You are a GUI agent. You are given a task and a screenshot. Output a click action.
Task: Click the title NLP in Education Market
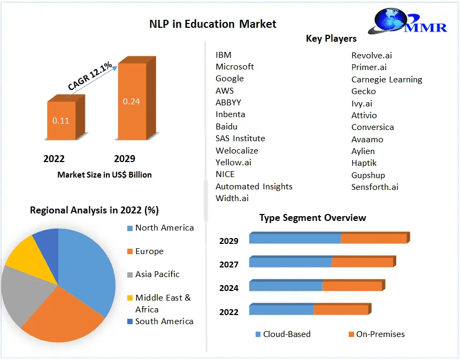coord(212,24)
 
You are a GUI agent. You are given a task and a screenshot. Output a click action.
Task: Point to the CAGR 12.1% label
coord(90,76)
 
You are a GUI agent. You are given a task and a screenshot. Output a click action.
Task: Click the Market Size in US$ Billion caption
coord(104,174)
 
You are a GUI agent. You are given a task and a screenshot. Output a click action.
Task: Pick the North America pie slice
coord(88,267)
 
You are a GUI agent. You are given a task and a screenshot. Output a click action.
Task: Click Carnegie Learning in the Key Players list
coord(387,80)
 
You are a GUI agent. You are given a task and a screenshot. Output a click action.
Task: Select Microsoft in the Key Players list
coord(235,67)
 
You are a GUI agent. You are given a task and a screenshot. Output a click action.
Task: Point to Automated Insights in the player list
coord(254,187)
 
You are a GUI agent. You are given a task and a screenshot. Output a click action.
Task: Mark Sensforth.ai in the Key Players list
coord(375,187)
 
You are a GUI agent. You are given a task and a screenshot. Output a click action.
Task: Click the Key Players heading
coord(331,39)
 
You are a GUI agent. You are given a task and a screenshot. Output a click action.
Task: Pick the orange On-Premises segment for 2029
coord(374,239)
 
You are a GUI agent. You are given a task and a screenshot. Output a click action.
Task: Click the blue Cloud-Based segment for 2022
coord(281,310)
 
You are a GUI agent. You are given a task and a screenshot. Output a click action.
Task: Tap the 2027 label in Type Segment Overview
coord(228,264)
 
